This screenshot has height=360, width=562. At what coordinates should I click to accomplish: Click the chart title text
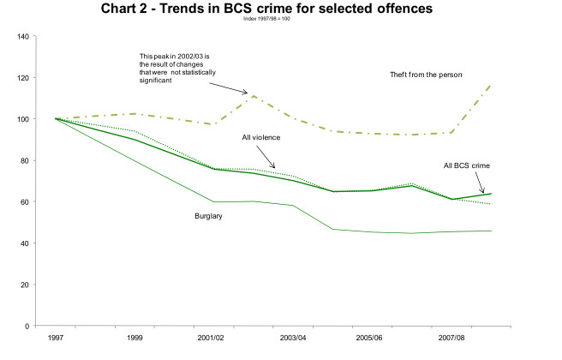283,10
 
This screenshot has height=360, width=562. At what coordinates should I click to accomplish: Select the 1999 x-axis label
134,339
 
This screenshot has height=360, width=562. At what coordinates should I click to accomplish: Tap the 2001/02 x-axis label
211,339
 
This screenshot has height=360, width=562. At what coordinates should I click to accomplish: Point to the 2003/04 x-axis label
292,339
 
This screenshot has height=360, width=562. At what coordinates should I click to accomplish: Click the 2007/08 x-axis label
452,339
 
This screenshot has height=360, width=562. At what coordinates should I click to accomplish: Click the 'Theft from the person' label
426,75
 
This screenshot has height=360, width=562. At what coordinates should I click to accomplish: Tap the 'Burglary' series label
209,216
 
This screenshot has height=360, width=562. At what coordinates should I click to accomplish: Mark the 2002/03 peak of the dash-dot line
253,96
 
